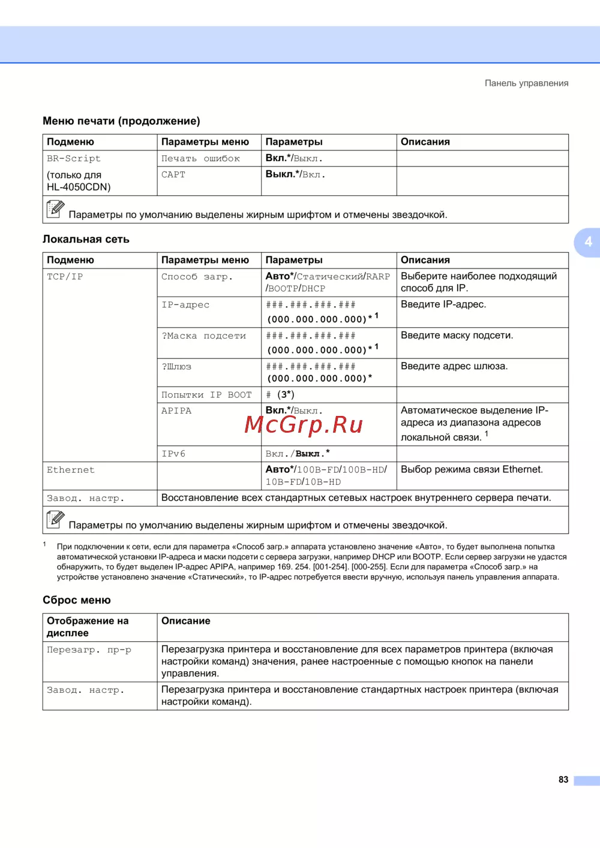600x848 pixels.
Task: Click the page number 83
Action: click(x=563, y=780)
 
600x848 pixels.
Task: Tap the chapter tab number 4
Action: click(x=588, y=242)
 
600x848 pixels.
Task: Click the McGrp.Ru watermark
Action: click(x=304, y=425)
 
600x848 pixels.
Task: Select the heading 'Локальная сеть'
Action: click(x=86, y=239)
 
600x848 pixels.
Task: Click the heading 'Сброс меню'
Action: click(x=76, y=600)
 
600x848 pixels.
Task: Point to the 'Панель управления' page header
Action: click(x=526, y=83)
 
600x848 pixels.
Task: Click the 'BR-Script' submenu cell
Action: click(x=74, y=159)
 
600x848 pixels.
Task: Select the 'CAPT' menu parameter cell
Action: click(x=173, y=175)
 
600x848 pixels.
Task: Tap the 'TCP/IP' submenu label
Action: click(x=65, y=277)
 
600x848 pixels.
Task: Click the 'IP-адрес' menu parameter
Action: click(x=185, y=305)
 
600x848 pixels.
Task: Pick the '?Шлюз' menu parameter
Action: click(x=176, y=367)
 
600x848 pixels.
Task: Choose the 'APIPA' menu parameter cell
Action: click(x=176, y=411)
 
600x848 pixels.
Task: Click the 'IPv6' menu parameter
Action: click(x=173, y=454)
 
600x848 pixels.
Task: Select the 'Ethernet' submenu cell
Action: click(x=71, y=470)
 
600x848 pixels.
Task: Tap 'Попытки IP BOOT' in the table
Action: click(x=206, y=395)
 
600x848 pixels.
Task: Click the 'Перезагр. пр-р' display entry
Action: click(x=89, y=650)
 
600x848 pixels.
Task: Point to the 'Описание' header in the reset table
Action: click(x=186, y=621)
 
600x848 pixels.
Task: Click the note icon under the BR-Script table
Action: click(x=55, y=209)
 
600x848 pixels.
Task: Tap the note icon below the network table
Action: click(x=55, y=520)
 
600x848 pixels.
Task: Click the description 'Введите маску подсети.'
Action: click(x=457, y=336)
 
